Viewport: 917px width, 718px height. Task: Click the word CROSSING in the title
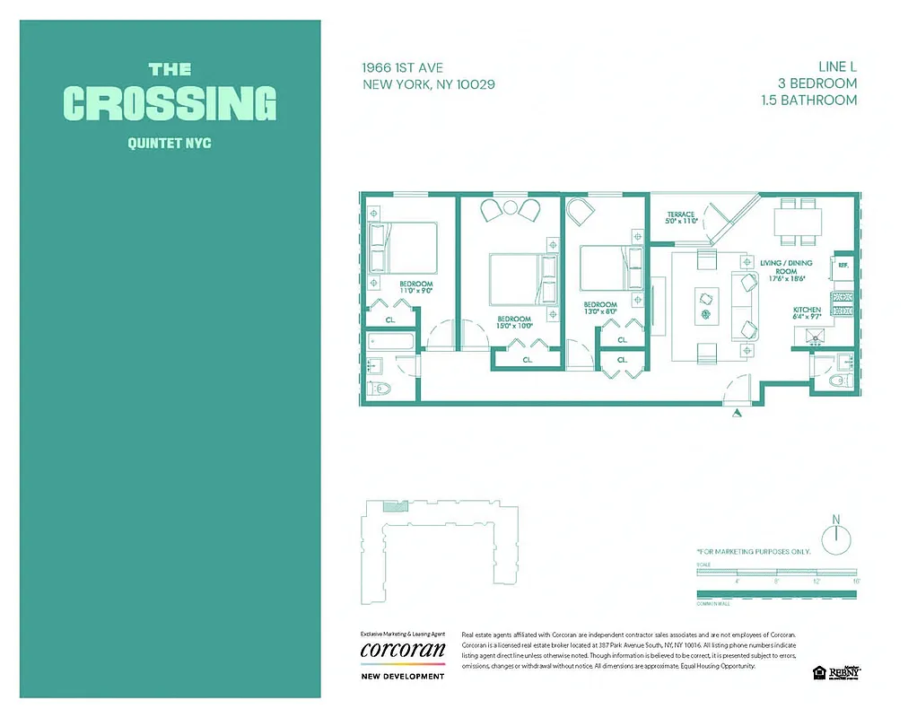pos(170,103)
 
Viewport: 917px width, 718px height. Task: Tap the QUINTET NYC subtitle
pos(170,143)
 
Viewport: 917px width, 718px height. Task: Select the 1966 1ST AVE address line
pos(402,67)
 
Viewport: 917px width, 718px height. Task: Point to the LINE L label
pos(837,66)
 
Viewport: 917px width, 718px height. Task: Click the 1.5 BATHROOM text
pos(808,100)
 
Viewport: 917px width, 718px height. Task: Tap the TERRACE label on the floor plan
pos(680,215)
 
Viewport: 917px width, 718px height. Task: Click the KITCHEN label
pos(807,311)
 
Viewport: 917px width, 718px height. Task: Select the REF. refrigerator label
pos(843,266)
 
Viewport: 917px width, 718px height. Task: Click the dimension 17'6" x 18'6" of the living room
pos(788,278)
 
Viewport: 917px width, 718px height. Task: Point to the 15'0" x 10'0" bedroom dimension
pos(515,327)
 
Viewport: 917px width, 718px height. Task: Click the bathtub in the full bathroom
pos(391,342)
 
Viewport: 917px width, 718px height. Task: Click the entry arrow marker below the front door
pos(738,413)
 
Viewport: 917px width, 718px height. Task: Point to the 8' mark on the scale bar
pos(777,582)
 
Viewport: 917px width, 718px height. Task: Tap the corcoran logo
pos(402,650)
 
